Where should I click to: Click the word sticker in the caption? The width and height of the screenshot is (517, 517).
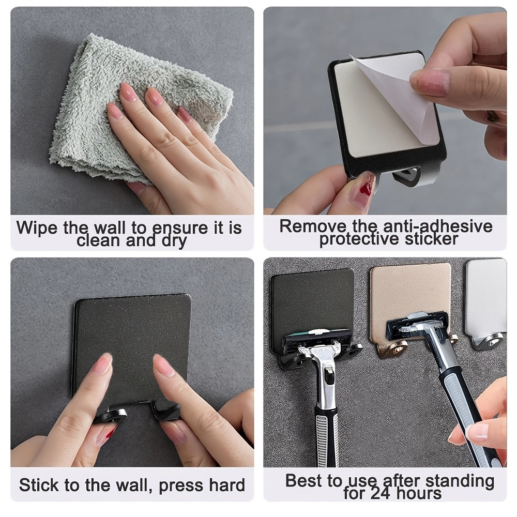click(431, 239)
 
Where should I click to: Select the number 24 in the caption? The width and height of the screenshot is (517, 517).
click(380, 493)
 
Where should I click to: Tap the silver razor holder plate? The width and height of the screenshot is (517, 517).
click(486, 295)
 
